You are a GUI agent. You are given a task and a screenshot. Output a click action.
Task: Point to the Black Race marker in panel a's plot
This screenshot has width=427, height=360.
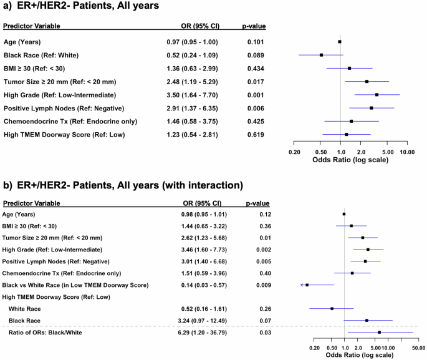pyautogui.click(x=321, y=55)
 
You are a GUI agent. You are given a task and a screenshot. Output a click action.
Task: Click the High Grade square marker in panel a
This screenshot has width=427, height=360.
pyautogui.click(x=377, y=94)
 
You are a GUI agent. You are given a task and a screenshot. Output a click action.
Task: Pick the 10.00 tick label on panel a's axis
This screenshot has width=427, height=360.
pyautogui.click(x=407, y=152)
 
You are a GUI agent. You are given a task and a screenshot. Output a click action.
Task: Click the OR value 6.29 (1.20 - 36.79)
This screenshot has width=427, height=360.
pyautogui.click(x=196, y=332)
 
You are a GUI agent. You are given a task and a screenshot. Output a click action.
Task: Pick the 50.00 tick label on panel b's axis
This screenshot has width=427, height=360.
pyautogui.click(x=418, y=347)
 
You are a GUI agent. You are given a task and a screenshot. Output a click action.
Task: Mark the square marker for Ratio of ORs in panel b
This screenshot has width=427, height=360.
pyautogui.click(x=379, y=332)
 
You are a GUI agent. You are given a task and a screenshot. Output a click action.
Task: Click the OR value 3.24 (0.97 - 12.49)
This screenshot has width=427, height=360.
pyautogui.click(x=196, y=320)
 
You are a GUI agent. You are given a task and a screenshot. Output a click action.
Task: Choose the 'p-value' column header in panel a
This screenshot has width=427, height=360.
pyautogui.click(x=254, y=27)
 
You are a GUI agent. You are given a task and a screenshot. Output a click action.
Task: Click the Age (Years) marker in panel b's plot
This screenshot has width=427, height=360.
pyautogui.click(x=344, y=214)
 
